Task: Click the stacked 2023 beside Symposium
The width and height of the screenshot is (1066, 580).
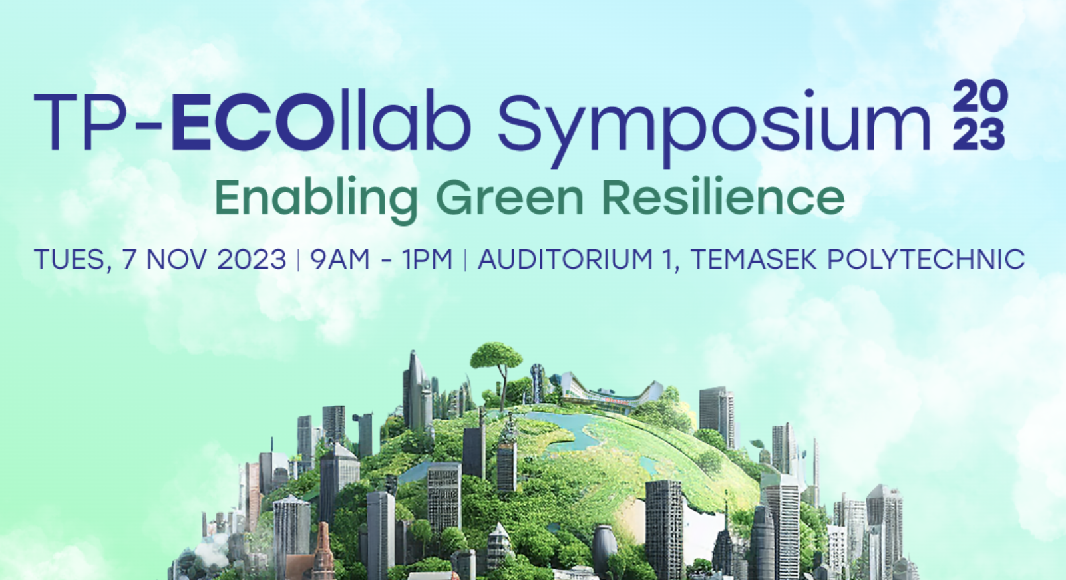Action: (980, 114)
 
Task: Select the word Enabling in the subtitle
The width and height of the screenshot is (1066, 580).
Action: (317, 198)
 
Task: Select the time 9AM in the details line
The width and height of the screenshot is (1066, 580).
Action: (340, 259)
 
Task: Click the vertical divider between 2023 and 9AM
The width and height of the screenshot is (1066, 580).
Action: (298, 260)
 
